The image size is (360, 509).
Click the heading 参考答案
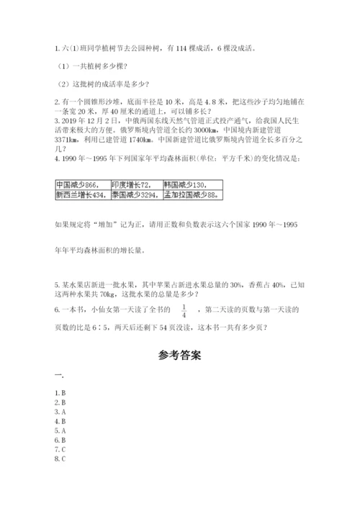pyautogui.click(x=179, y=355)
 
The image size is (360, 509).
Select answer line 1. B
pyautogui.click(x=60, y=392)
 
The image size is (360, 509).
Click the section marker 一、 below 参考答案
pyautogui.click(x=59, y=376)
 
